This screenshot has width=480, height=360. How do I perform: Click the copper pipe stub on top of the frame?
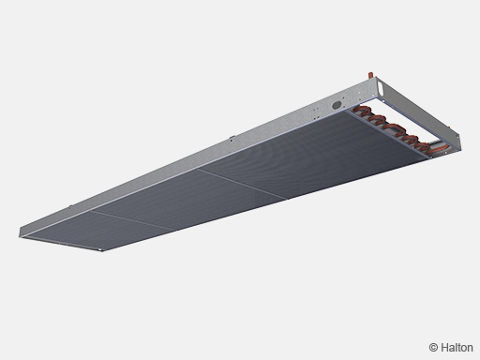pos(370,75)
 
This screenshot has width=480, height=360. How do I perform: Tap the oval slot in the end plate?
pos(380,86)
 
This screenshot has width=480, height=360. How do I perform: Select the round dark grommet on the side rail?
pos(337,105)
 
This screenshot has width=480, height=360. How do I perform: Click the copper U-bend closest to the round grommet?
pos(362,111)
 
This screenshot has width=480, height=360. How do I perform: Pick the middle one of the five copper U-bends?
pos(394,128)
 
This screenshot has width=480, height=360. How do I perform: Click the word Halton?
pos(457,348)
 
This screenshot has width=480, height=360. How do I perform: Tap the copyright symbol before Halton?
pos(433,348)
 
